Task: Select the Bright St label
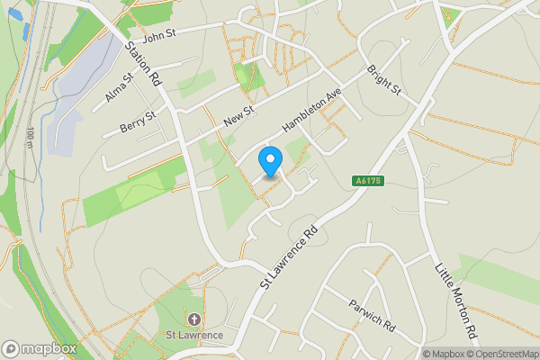(x=383, y=80)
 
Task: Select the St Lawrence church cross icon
(x=193, y=319)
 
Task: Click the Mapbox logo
(x=40, y=348)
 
